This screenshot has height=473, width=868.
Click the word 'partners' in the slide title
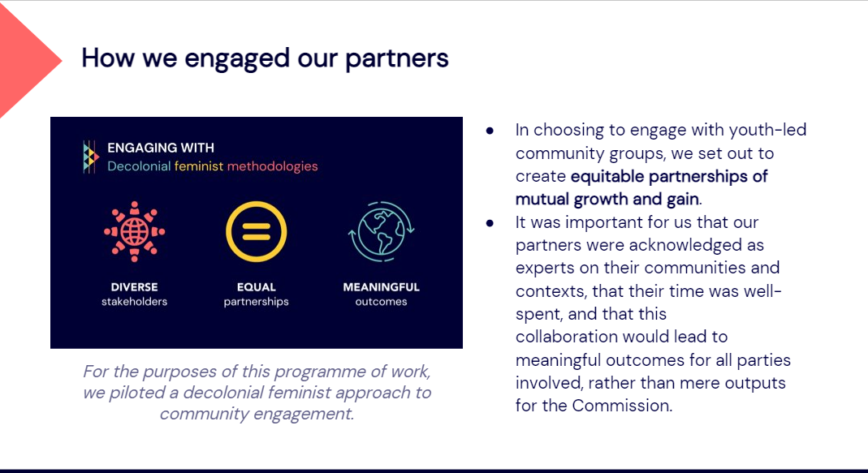click(397, 59)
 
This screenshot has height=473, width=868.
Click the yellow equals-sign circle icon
click(257, 231)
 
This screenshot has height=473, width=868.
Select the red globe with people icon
click(135, 231)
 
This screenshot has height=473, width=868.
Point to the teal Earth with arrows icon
click(381, 231)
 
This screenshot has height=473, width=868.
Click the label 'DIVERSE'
click(135, 287)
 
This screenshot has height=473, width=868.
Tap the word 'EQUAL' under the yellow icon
click(257, 287)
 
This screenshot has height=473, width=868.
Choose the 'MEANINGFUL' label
click(382, 287)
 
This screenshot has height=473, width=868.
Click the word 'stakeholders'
click(135, 302)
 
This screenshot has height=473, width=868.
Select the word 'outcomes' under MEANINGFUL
click(382, 302)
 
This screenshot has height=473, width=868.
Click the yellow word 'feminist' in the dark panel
click(199, 166)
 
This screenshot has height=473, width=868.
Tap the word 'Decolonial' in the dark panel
click(139, 166)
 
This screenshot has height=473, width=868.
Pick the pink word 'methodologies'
click(272, 166)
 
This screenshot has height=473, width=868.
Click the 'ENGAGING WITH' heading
click(161, 148)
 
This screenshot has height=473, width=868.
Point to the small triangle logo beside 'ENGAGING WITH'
click(91, 157)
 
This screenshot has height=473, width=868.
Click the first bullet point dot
click(490, 131)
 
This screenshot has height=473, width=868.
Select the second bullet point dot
click(490, 223)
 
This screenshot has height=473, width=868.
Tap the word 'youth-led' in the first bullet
click(768, 130)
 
